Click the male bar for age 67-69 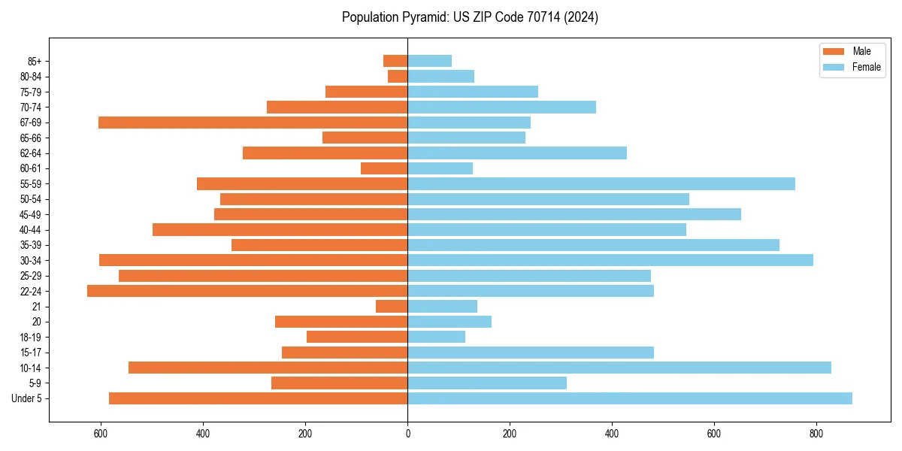coord(253,123)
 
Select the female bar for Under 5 coord(630,398)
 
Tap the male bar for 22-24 coord(247,291)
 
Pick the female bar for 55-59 coord(601,184)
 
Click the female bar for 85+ coord(430,61)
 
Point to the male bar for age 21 coord(392,306)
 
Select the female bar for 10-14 coord(619,368)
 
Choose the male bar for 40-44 coord(280,229)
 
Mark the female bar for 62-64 coord(517,153)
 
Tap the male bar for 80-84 coord(398,76)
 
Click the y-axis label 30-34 coord(31,261)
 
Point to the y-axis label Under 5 coord(26,398)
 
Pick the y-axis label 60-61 coord(31,168)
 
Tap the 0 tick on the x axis coord(407,434)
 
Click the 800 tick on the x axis coord(816,434)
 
